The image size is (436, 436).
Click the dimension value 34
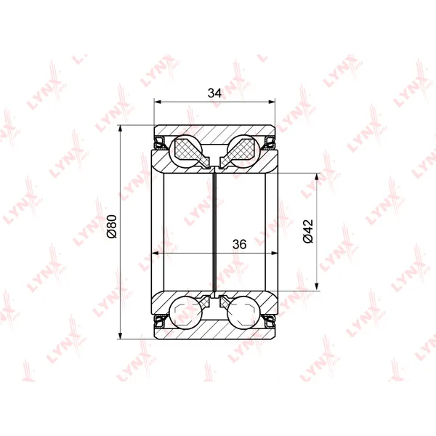(214, 93)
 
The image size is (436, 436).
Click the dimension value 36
(239, 244)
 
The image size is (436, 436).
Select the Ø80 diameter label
(113, 226)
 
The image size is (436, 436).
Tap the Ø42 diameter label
(308, 231)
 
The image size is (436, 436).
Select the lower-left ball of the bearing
(185, 312)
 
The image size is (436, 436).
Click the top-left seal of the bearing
(161, 142)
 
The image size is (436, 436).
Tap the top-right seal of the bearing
(269, 142)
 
